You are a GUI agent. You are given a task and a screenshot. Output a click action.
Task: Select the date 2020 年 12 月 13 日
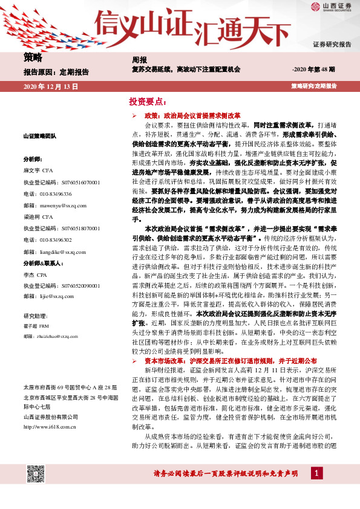[51, 87]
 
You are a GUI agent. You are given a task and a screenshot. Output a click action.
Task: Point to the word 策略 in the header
[33, 58]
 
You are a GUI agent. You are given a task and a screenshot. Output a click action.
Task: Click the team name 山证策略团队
[40, 137]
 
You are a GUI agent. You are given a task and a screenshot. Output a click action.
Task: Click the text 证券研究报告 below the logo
[332, 45]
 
